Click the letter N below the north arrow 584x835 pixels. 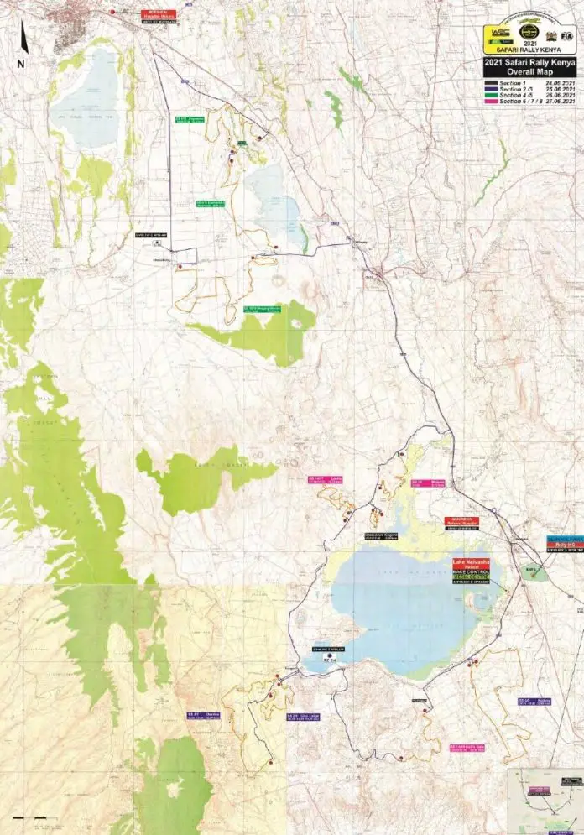coord(20,63)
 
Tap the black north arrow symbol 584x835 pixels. coord(23,39)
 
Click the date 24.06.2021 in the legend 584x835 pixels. coord(558,84)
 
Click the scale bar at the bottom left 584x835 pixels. coord(29,817)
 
